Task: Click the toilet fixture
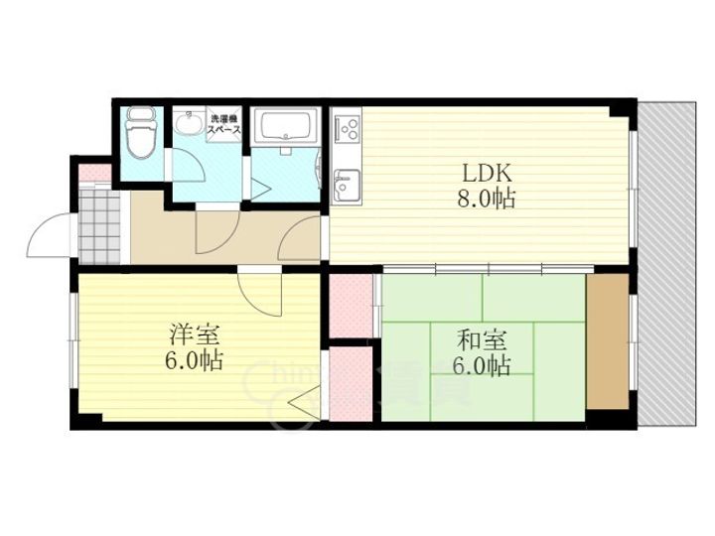point(141,136)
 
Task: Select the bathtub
point(285,129)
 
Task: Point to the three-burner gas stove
point(348,128)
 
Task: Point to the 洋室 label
point(188,334)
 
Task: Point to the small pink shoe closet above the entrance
point(94,172)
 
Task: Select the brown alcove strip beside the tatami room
point(606,338)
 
